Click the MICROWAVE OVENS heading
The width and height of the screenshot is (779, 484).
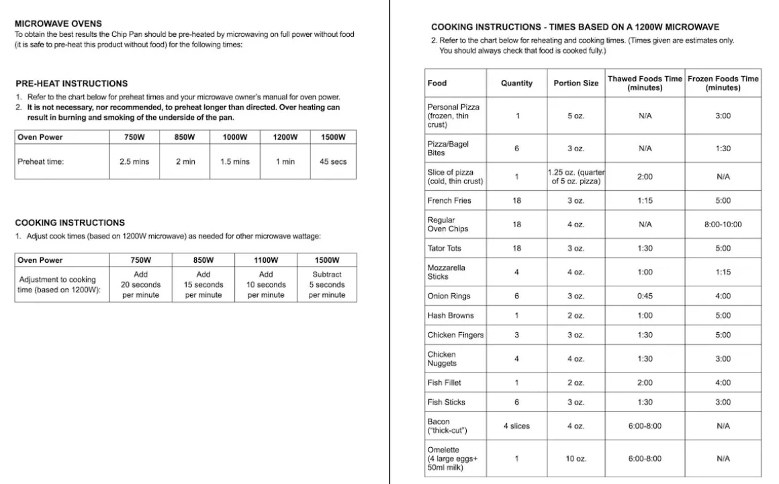(58, 24)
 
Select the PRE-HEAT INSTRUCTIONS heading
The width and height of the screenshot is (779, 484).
(71, 83)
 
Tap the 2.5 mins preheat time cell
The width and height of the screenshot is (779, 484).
(134, 162)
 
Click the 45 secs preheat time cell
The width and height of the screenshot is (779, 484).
(333, 162)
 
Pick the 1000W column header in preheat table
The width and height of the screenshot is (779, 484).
(235, 137)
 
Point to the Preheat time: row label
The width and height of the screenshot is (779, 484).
(41, 162)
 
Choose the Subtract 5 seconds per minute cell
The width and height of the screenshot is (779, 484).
(327, 284)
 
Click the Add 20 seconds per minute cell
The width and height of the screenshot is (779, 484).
(140, 284)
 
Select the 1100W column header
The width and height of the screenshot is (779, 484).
(266, 260)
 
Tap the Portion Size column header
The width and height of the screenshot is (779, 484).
(576, 83)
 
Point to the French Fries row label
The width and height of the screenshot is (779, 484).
(449, 200)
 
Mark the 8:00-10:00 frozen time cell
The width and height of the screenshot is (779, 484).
(723, 225)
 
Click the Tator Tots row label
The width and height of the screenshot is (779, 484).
(445, 248)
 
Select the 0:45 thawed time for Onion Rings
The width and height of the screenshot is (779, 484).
(645, 296)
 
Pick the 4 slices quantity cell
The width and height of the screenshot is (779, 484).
(516, 426)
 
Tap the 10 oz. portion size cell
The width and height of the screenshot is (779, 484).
(576, 458)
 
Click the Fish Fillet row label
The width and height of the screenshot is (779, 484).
(445, 382)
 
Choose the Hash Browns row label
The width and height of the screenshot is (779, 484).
(451, 315)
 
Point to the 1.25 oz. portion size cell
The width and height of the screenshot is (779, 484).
(576, 177)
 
